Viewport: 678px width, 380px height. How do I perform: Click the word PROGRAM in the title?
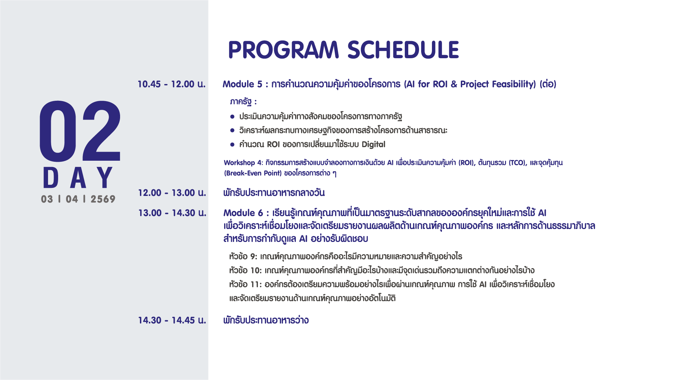[x=283, y=50]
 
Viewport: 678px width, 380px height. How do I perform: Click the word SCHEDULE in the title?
[x=403, y=50]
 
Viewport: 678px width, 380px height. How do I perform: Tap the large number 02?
[x=80, y=131]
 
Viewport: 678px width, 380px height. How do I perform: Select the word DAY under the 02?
[x=78, y=177]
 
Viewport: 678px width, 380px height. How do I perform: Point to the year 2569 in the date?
[x=103, y=199]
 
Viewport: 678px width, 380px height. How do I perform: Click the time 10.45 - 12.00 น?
[x=172, y=84]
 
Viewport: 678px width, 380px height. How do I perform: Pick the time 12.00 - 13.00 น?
[x=172, y=193]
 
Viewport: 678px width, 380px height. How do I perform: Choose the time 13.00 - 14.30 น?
[x=172, y=213]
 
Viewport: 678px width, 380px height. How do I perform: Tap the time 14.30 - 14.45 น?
[x=172, y=320]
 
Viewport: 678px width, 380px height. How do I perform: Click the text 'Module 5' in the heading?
[x=243, y=84]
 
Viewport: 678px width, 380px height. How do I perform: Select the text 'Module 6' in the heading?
[x=243, y=213]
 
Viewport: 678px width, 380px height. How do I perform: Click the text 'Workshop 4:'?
[x=244, y=163]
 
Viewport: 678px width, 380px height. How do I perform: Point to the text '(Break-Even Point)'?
[x=253, y=173]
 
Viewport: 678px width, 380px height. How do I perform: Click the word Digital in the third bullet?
[x=373, y=144]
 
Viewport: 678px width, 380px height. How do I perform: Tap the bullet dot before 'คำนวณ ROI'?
[x=232, y=144]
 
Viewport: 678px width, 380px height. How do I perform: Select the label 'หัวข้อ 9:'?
[x=243, y=257]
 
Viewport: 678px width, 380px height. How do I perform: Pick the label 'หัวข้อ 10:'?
[x=245, y=271]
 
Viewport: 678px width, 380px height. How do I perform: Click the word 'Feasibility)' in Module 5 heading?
[x=514, y=84]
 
